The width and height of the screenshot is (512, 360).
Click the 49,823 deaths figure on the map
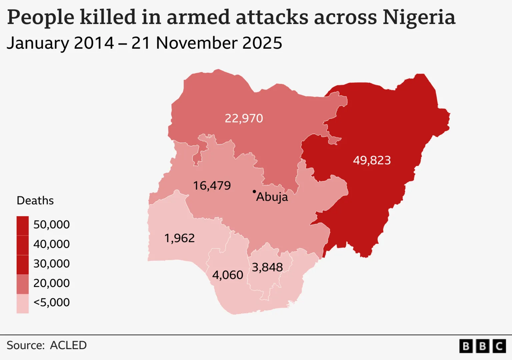pos(372,160)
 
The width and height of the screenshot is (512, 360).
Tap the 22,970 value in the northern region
pos(244,118)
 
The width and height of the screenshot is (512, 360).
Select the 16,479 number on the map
pos(212,186)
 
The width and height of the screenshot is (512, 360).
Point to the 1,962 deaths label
pos(179,238)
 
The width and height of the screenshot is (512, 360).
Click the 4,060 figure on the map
pos(228,275)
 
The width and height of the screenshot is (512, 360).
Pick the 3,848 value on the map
pos(267,267)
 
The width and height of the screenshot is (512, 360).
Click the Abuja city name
pos(272,197)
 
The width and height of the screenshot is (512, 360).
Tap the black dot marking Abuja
pos(254,192)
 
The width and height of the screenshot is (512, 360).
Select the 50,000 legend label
pos(52,225)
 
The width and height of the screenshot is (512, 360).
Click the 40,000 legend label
pos(52,244)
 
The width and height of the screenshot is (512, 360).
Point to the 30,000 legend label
pos(52,264)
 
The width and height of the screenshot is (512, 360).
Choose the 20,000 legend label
pos(52,283)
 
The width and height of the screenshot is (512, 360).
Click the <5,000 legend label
pos(52,302)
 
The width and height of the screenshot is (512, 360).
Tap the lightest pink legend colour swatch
pos(23,304)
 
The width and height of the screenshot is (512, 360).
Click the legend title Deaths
pos(35,201)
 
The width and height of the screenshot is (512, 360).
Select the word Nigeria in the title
pos(419,17)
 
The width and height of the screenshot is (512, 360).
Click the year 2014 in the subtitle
pos(94,43)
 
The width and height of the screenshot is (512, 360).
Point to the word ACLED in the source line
pos(68,345)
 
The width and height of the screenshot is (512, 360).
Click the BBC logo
pos(482,346)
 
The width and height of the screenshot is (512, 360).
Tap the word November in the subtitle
pos(197,43)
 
